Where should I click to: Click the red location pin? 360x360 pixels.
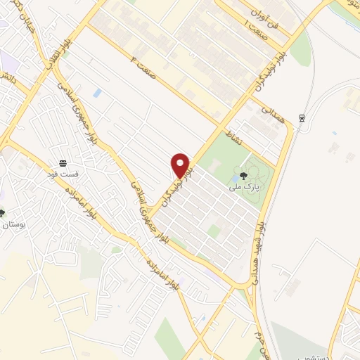click(181, 165)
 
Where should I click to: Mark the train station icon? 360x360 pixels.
click(302, 118)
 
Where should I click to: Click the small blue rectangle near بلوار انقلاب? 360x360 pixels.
click(96, 92)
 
